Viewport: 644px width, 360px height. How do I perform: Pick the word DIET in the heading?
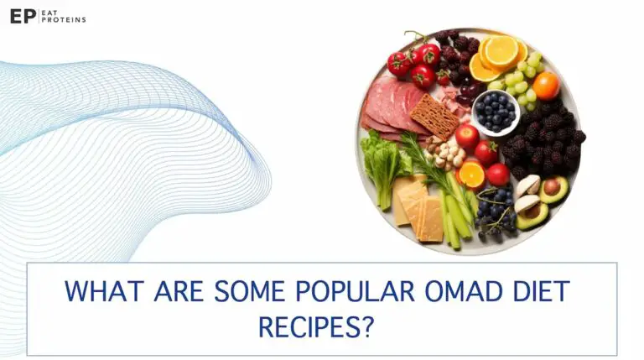pos(539,292)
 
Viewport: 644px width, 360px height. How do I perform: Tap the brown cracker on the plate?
pos(434,116)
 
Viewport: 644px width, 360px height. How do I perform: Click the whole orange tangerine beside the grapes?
pos(546,85)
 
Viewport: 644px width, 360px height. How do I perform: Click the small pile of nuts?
pos(445,154)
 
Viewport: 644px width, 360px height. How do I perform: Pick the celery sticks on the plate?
pos(457,210)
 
